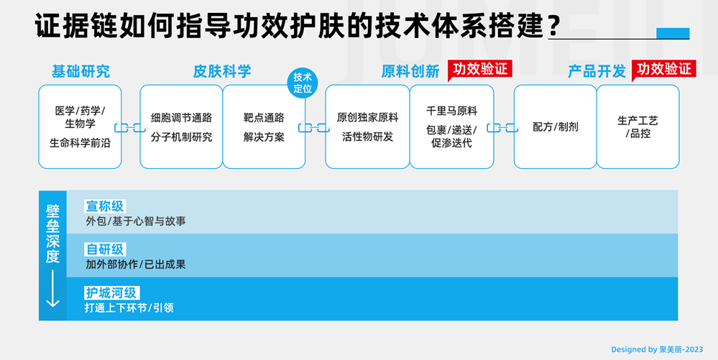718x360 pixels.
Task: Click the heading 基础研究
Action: click(x=80, y=71)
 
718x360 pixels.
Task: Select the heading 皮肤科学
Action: click(x=222, y=71)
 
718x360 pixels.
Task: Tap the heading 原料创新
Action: click(x=410, y=71)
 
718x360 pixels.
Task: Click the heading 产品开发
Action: click(x=597, y=71)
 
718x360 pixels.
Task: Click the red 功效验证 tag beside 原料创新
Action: click(x=479, y=69)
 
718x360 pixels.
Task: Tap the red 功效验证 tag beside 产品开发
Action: click(x=663, y=69)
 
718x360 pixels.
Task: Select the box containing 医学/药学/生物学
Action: click(x=80, y=126)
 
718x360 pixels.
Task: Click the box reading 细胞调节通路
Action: click(x=181, y=126)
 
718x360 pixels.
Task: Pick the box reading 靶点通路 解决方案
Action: click(x=264, y=126)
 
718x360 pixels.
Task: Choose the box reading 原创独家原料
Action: click(x=367, y=126)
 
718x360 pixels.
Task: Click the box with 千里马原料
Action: click(x=451, y=126)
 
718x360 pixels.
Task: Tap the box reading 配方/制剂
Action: click(x=555, y=126)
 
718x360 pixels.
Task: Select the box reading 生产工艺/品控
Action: click(x=638, y=126)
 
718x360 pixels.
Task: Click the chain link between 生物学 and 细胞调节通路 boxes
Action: click(x=130, y=128)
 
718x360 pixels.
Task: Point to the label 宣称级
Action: click(x=105, y=206)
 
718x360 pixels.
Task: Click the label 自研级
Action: click(x=105, y=249)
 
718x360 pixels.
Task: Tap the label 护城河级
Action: click(x=111, y=293)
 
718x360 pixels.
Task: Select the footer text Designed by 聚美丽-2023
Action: click(x=657, y=349)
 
